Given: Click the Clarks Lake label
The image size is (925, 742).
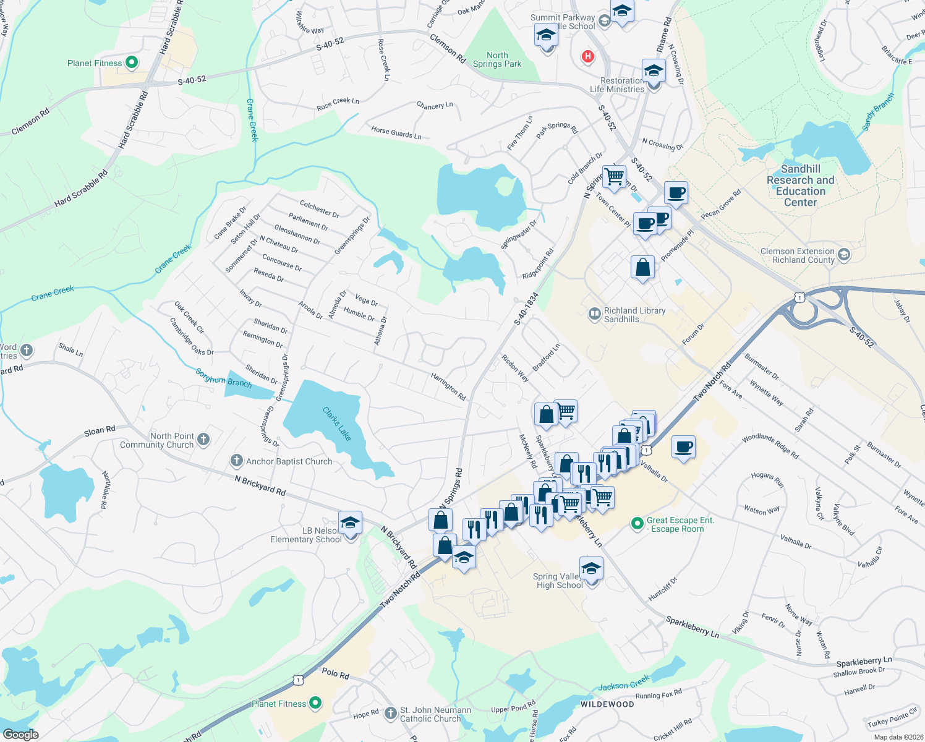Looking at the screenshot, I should point(337,424).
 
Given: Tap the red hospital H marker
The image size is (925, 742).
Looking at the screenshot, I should point(587,57).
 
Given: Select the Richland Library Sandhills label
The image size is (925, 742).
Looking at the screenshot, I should point(634,315).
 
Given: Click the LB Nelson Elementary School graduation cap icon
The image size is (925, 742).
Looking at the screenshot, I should point(350,523).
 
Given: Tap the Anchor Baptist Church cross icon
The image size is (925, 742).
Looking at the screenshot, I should point(236,461).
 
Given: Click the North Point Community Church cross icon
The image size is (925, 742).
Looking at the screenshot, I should point(203,440).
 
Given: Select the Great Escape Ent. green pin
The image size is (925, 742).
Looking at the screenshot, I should point(637,524).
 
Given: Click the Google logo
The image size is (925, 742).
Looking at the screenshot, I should point(20,734).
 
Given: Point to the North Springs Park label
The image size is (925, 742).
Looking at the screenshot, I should point(497,59).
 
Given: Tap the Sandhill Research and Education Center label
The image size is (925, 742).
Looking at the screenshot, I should point(800,185).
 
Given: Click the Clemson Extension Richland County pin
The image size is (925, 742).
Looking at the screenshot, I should point(844,255).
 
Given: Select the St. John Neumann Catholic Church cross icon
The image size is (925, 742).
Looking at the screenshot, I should point(390,714).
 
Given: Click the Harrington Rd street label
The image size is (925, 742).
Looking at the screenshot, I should point(448,386).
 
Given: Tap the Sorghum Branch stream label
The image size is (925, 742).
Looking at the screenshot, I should point(224,377).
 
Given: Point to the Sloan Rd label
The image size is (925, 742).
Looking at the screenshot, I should point(100,430).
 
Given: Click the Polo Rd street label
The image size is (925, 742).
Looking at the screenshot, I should point(335,673).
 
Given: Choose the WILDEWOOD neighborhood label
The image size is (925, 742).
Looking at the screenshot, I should point(607,704).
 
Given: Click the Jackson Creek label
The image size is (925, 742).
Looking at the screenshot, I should point(623,683).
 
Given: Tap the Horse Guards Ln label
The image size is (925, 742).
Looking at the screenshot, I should point(396,132).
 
